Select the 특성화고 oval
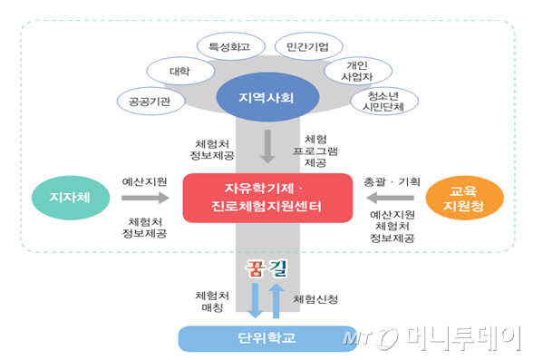tap(229, 45)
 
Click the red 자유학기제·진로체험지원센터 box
tap(266, 199)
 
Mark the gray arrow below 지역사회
tap(266, 146)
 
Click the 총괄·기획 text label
tap(392, 181)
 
